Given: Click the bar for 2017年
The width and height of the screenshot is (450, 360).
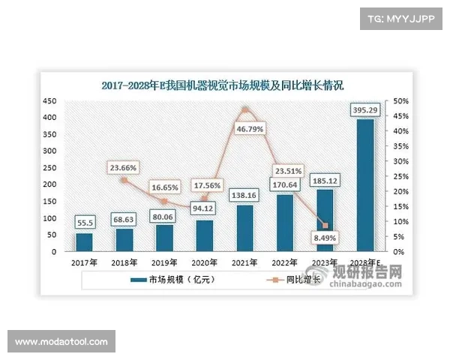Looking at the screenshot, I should (85, 242).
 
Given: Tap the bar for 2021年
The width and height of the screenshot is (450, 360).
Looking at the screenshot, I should (244, 228).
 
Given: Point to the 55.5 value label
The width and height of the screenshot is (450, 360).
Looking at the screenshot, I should (85, 223).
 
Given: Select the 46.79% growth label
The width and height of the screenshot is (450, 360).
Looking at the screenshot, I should (245, 129).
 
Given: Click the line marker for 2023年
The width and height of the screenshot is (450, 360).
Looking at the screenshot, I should (325, 225).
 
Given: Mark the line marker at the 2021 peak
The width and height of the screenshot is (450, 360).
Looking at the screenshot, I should (244, 111).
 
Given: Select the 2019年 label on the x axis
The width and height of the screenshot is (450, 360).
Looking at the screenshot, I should (163, 262).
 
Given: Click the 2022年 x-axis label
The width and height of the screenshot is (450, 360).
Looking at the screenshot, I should (284, 262).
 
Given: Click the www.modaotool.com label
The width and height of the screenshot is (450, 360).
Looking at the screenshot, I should (61, 342).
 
